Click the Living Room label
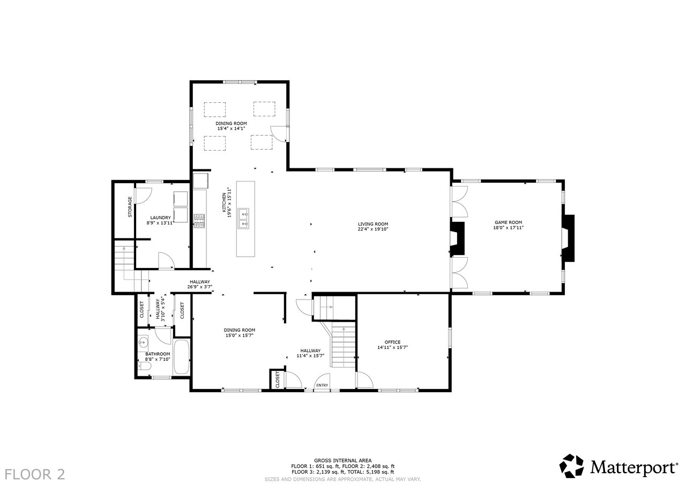point(373,224)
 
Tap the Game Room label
point(509,222)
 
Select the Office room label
point(393,342)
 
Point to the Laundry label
point(160,218)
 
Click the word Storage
point(130,207)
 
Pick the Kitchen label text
point(224,203)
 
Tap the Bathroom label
point(158,354)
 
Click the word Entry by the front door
point(322,385)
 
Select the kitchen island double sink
point(244,219)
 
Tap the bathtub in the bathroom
point(182,357)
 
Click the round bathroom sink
point(143,341)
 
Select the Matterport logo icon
point(571,466)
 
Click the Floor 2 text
point(35,474)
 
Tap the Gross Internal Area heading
point(342,460)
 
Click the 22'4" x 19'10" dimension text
point(373,229)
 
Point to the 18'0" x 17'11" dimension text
point(509,228)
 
